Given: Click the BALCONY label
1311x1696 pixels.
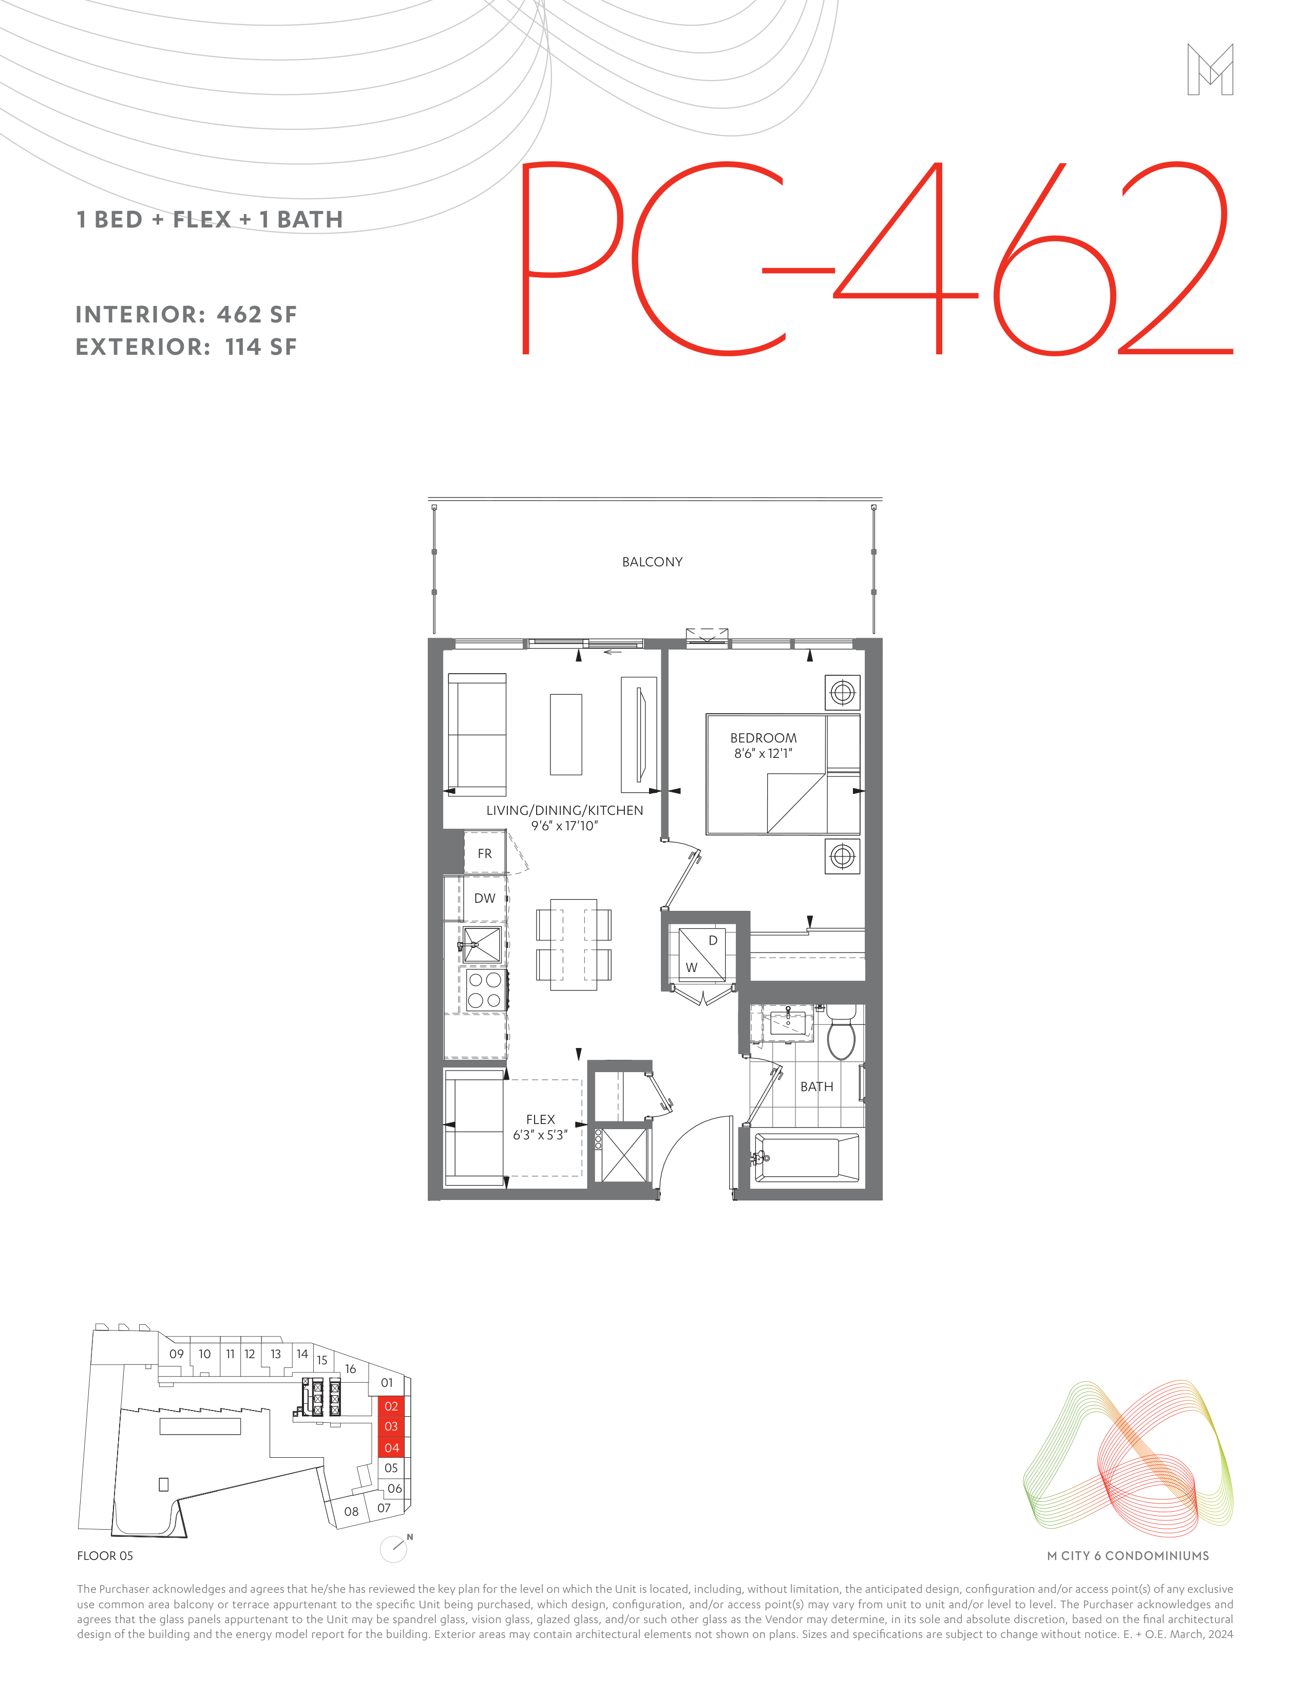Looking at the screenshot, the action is tap(652, 561).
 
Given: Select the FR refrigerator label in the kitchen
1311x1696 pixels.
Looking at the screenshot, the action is tap(485, 853).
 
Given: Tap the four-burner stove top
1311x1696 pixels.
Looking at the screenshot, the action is tap(484, 990).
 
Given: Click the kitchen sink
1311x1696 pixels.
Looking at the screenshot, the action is tap(482, 944).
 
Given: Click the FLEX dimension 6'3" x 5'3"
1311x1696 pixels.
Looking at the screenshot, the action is tap(541, 1135).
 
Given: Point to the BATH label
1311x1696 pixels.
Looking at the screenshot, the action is tap(817, 1087).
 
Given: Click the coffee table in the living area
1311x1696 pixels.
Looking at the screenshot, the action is tap(566, 735).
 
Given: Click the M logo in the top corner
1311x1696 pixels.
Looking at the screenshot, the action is tap(1210, 69).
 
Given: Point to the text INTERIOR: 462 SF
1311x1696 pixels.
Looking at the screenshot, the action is tap(186, 315).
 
